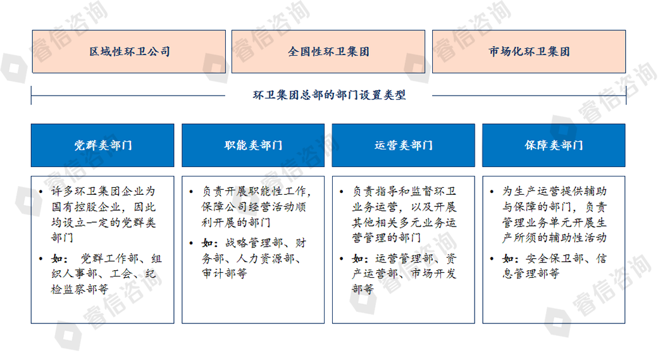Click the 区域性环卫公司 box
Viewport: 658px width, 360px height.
click(x=129, y=52)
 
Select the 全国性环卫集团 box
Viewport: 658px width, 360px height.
click(x=328, y=52)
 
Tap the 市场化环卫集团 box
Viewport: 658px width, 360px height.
click(x=529, y=52)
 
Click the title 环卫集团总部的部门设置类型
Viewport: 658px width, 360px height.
click(x=330, y=95)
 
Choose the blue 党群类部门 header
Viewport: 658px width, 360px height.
click(x=102, y=145)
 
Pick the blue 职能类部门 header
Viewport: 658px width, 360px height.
click(x=253, y=145)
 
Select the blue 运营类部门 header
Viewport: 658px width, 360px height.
click(x=403, y=145)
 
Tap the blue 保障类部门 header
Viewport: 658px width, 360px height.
click(x=554, y=145)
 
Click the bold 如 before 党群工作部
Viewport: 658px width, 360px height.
click(x=58, y=259)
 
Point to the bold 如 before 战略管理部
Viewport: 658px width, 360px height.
click(x=208, y=243)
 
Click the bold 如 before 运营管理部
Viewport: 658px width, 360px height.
click(x=358, y=259)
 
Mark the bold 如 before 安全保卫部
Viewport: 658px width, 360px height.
click(x=508, y=259)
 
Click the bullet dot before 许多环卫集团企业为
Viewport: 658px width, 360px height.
click(x=40, y=192)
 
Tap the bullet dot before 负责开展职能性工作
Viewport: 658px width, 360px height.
click(x=191, y=192)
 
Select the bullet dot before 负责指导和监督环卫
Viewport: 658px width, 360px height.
click(x=342, y=192)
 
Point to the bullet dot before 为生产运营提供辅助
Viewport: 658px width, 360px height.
click(x=492, y=192)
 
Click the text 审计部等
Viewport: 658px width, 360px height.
click(x=225, y=273)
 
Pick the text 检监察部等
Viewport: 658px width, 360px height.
click(x=80, y=289)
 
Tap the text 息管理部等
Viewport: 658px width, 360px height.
click(x=531, y=273)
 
